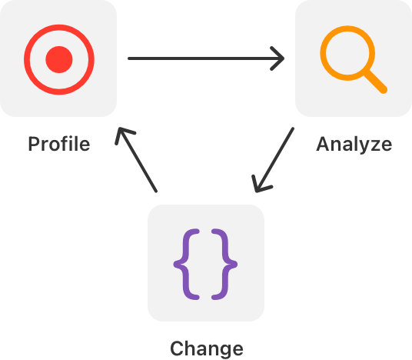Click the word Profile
[x=59, y=144]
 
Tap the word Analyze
[x=354, y=145]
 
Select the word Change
[x=207, y=348]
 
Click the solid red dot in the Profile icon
[x=59, y=59]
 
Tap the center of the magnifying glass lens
[x=347, y=53]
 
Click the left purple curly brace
[x=188, y=265]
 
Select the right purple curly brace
[x=224, y=265]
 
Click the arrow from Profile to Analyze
[x=206, y=58]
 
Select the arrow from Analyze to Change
[x=273, y=160]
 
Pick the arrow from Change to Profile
[x=136, y=160]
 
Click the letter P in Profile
[x=34, y=144]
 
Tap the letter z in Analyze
[x=375, y=146]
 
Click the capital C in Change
[x=177, y=348]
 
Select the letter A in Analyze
[x=324, y=144]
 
